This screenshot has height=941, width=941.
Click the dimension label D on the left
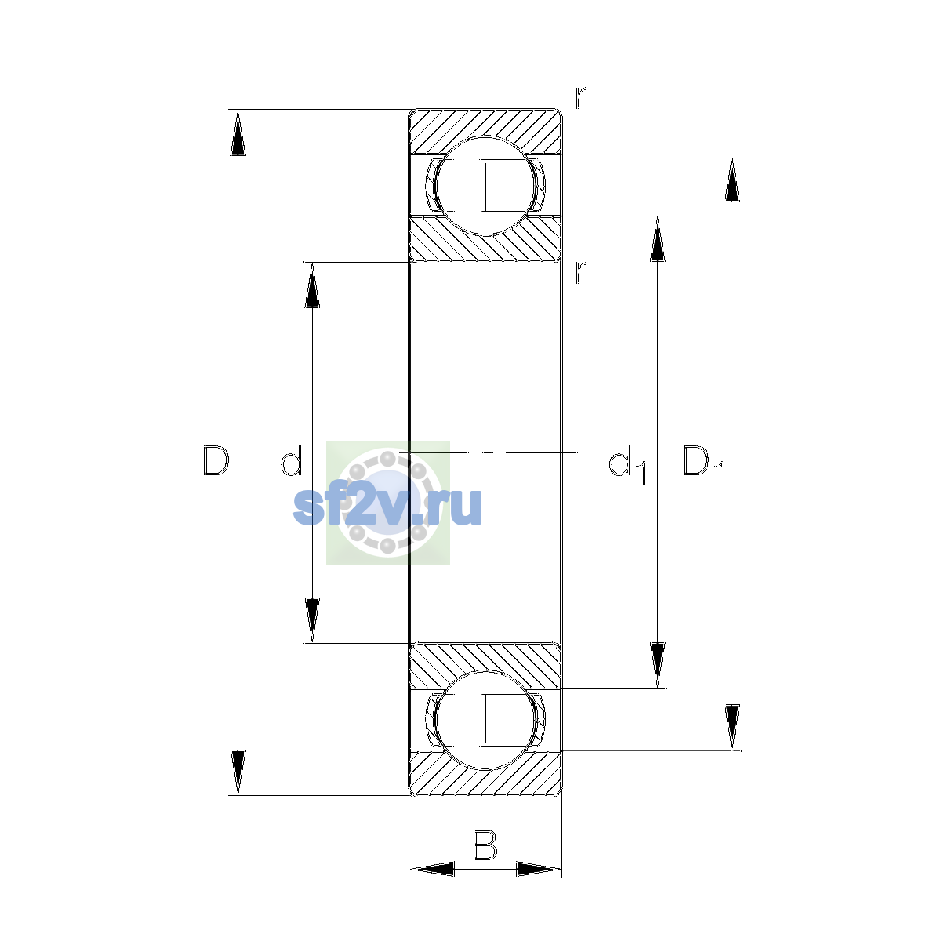216,460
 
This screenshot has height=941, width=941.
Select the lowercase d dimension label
292,460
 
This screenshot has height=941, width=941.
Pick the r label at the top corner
581,98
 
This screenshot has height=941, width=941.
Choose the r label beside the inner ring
581,272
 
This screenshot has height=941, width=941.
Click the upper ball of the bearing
485,186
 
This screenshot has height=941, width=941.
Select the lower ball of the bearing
485,721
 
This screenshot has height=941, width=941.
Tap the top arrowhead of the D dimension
238,133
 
